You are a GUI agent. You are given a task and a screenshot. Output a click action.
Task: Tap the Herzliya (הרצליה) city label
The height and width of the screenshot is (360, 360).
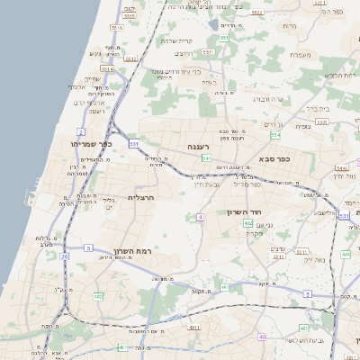(x=142, y=197)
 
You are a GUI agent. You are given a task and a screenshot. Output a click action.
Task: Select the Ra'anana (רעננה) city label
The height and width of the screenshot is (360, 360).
(x=198, y=145)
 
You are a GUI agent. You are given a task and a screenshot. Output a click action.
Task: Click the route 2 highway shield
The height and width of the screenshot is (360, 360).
(x=82, y=131)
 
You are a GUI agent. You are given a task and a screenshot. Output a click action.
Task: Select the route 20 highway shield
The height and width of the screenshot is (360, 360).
(x=65, y=256)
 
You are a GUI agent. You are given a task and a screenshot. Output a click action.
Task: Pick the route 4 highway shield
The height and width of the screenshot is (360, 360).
(x=198, y=217)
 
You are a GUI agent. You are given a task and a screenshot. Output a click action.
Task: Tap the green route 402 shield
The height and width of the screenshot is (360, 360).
(x=248, y=222)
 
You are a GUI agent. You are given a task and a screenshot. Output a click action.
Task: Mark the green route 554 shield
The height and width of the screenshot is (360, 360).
(x=275, y=135)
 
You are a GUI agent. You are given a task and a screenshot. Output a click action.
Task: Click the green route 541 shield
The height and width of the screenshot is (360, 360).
(x=207, y=158)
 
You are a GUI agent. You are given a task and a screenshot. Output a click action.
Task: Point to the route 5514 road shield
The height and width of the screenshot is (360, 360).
(x=106, y=67)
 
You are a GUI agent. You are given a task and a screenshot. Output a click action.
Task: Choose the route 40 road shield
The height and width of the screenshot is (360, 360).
(x=263, y=337)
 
